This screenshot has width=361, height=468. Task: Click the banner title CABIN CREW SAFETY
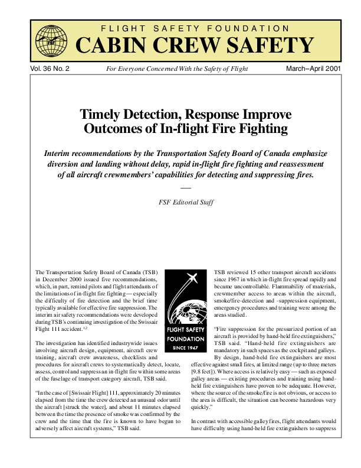pyautogui.click(x=194, y=44)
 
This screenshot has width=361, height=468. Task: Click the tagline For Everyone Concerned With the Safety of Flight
pyautogui.click(x=176, y=69)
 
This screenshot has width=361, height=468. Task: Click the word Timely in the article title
pyautogui.click(x=101, y=114)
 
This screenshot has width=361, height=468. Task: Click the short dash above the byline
pyautogui.click(x=181, y=188)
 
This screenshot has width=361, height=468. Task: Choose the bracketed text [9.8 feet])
pyautogui.click(x=205, y=372)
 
